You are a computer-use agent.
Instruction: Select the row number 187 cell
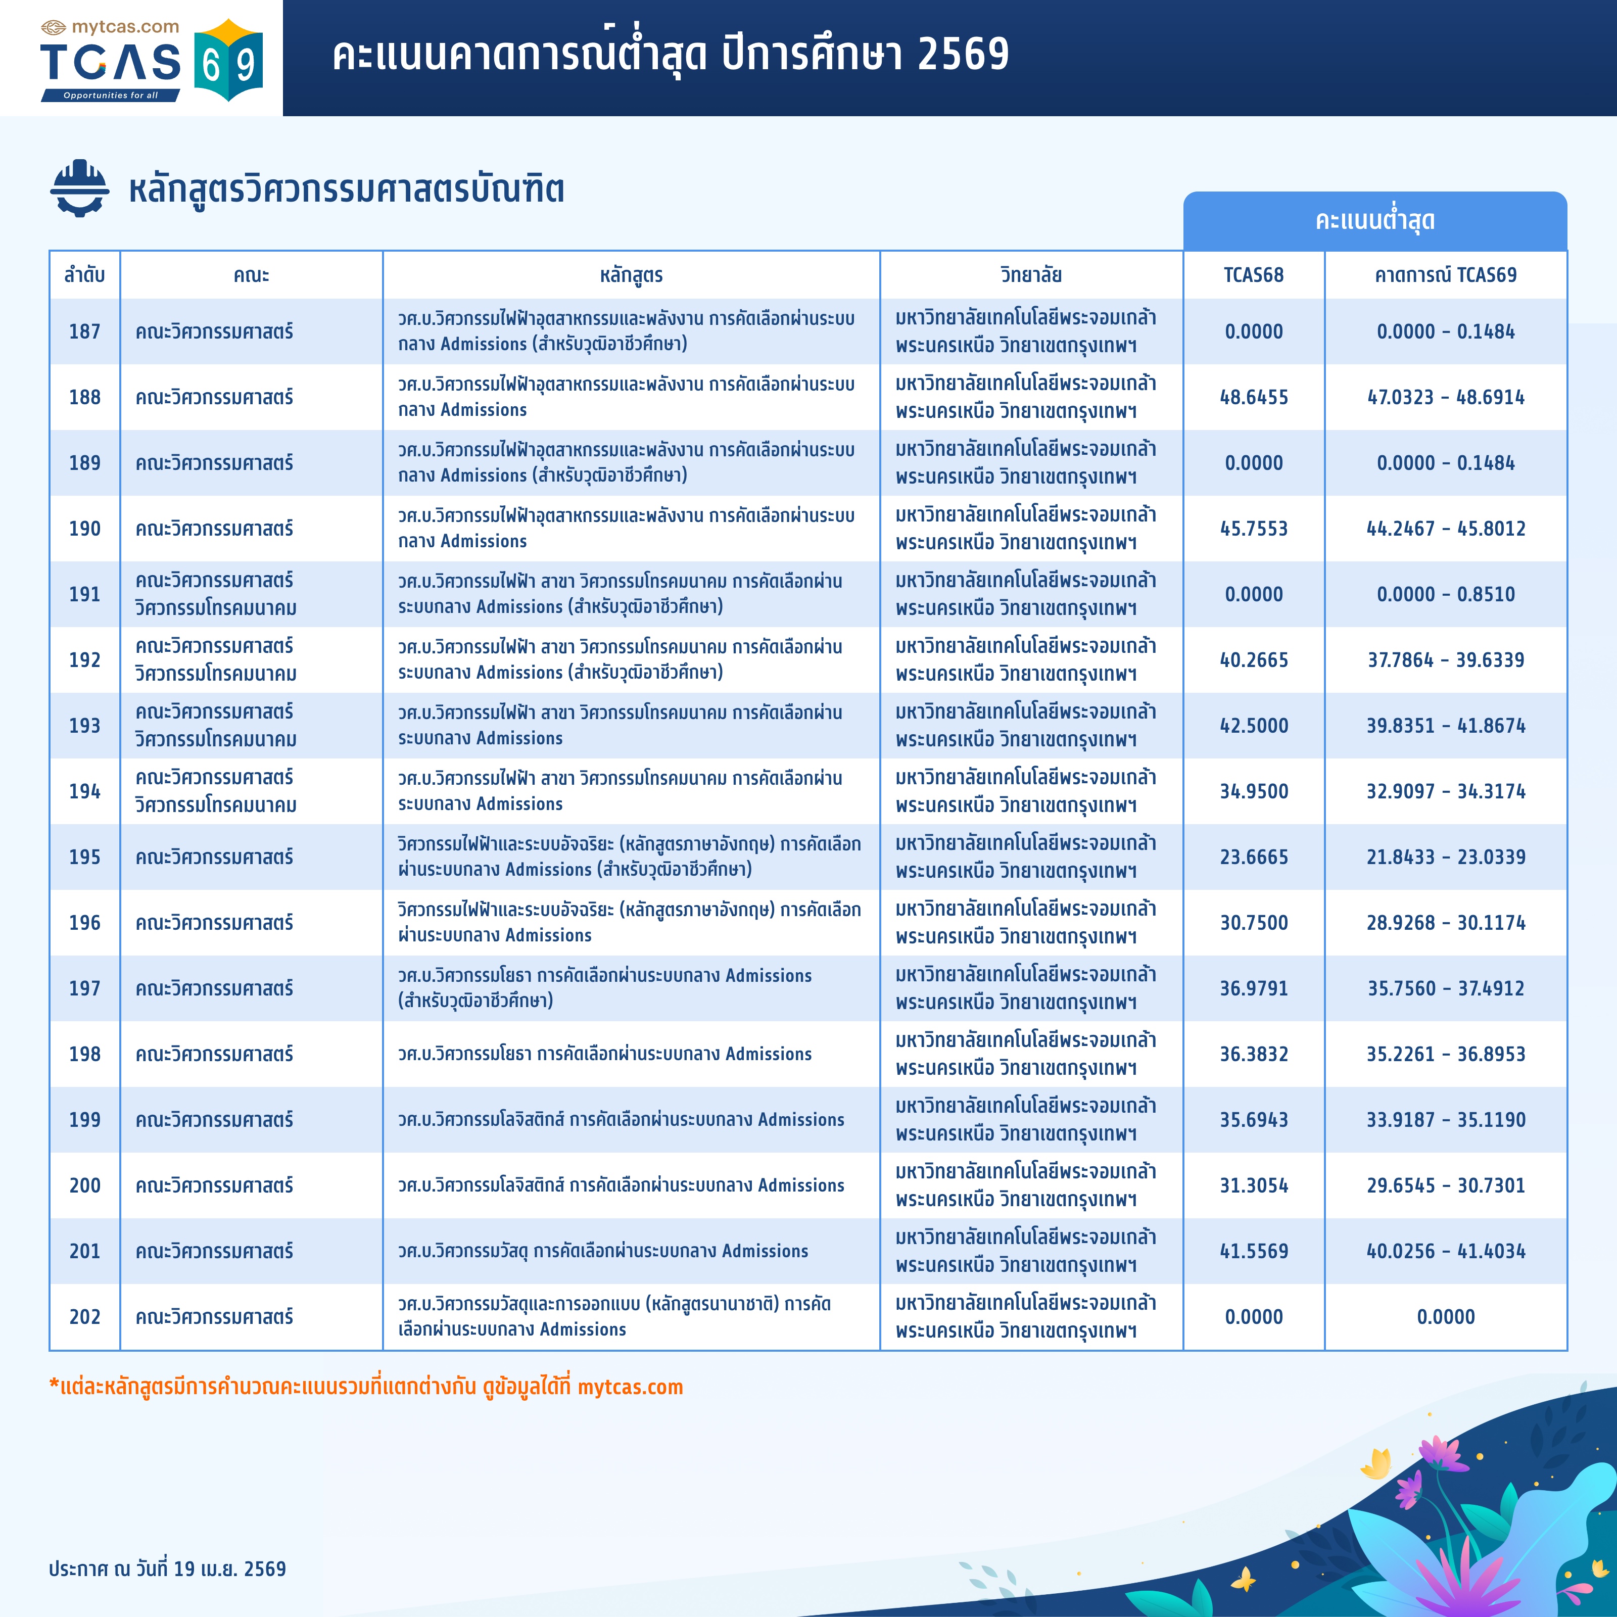pos(84,331)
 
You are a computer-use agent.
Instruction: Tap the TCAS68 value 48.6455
pos(1253,398)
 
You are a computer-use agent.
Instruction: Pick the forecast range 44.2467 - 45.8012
pos(1445,529)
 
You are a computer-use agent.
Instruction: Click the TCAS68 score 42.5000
pos(1253,726)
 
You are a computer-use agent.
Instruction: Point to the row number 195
pos(84,857)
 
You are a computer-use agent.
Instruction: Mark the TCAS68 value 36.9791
pos(1253,988)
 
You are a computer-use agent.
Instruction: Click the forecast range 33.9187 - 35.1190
pos(1445,1120)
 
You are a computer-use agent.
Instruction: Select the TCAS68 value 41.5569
pos(1253,1251)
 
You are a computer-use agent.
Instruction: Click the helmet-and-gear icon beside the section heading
pos(79,188)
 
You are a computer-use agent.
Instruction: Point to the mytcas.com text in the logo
pos(125,27)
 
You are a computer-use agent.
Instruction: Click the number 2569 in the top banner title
pos(963,55)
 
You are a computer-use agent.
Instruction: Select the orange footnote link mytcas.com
pos(630,1388)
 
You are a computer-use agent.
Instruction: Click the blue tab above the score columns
pos(1374,221)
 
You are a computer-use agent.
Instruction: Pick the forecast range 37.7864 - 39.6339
pos(1445,660)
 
